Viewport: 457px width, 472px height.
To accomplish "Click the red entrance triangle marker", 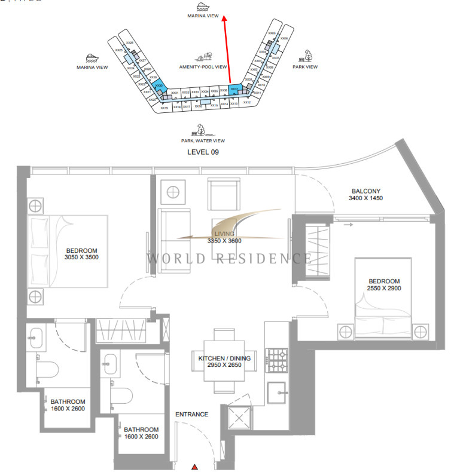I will pyautogui.click(x=195, y=467).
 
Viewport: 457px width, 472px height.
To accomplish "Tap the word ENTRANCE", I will pyautogui.click(x=191, y=414).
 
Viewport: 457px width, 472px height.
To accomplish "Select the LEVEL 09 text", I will pyautogui.click(x=203, y=152).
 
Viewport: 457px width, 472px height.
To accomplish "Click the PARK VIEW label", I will pyautogui.click(x=305, y=67).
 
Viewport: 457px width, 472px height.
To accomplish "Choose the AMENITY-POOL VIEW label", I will pyautogui.click(x=203, y=67).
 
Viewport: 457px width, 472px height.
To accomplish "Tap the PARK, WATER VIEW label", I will pyautogui.click(x=203, y=140).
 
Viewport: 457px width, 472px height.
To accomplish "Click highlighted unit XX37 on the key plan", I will pyautogui.click(x=234, y=90).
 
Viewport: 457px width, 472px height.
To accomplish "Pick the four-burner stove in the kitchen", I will pyautogui.click(x=278, y=360).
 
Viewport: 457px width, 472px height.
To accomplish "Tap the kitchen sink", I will pyautogui.click(x=278, y=392).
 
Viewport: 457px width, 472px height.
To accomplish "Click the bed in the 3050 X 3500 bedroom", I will pyautogui.click(x=67, y=251).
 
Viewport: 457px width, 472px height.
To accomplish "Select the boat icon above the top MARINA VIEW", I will pyautogui.click(x=203, y=7).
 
